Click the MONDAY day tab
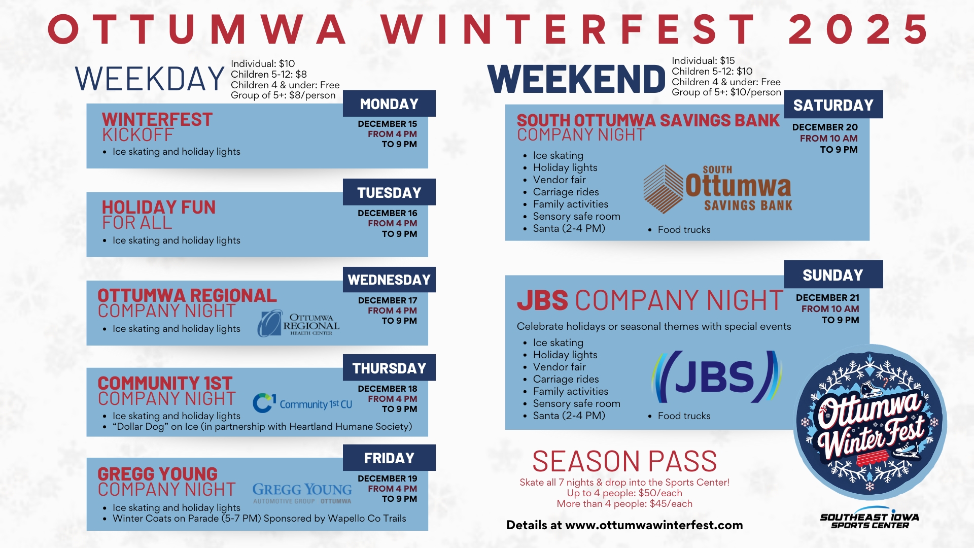pos(389,104)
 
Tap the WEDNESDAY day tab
pos(389,280)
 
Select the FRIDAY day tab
pos(389,458)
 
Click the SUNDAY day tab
pos(833,275)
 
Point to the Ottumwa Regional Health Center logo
pos(298,323)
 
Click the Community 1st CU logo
pos(302,403)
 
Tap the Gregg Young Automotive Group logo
pos(302,493)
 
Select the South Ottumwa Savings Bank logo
pos(717,189)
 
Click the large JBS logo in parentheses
pos(717,376)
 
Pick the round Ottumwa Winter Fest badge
pos(870,422)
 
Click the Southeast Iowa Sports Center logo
pos(869,518)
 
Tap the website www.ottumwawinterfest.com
pos(654,525)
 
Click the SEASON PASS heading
pos(624,461)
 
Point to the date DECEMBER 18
pos(388,389)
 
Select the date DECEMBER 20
pos(825,127)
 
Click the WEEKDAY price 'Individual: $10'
pos(263,63)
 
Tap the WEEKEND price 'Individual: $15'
pos(703,60)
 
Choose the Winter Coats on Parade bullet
pos(254,519)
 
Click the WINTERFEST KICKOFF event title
pos(157,127)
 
